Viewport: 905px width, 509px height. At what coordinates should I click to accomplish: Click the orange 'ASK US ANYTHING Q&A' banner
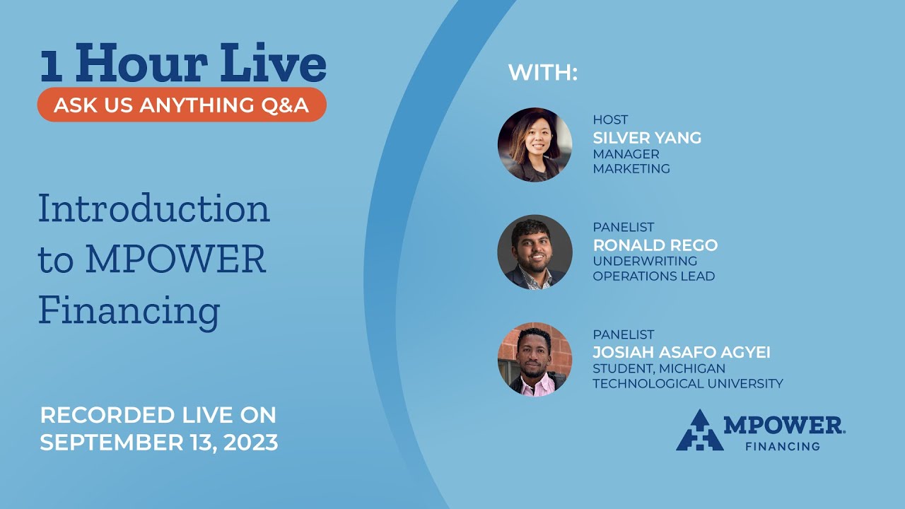(x=182, y=105)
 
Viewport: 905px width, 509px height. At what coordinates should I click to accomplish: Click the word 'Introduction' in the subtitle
(x=154, y=209)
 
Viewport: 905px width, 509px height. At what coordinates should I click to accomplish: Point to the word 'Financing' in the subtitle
(x=129, y=310)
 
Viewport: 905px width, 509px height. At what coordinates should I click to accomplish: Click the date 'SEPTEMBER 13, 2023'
(x=159, y=443)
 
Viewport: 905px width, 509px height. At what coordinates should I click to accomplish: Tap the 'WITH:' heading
(x=543, y=72)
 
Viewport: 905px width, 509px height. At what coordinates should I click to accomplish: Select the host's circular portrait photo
(x=535, y=145)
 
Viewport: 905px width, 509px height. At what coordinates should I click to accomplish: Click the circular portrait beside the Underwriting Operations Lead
(x=535, y=252)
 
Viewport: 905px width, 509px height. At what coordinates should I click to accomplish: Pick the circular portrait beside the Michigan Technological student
(x=535, y=359)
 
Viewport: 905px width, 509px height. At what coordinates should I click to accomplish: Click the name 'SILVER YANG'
(x=647, y=138)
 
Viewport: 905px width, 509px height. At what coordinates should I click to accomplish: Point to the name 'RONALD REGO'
(x=655, y=245)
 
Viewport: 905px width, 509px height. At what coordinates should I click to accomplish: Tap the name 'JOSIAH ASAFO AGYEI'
(x=681, y=352)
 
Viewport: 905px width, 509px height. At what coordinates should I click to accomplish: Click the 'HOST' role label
(x=610, y=120)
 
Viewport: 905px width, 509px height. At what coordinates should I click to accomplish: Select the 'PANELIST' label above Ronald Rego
(x=623, y=228)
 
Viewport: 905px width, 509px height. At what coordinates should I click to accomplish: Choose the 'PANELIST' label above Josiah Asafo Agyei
(x=623, y=334)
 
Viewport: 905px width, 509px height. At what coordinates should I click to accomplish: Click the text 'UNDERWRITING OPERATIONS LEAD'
(x=653, y=269)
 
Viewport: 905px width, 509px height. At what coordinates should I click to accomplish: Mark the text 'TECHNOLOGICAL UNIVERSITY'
(x=687, y=384)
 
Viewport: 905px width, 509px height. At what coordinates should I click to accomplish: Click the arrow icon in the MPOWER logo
(x=699, y=431)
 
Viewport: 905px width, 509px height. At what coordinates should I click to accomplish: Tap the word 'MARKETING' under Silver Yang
(x=631, y=169)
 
